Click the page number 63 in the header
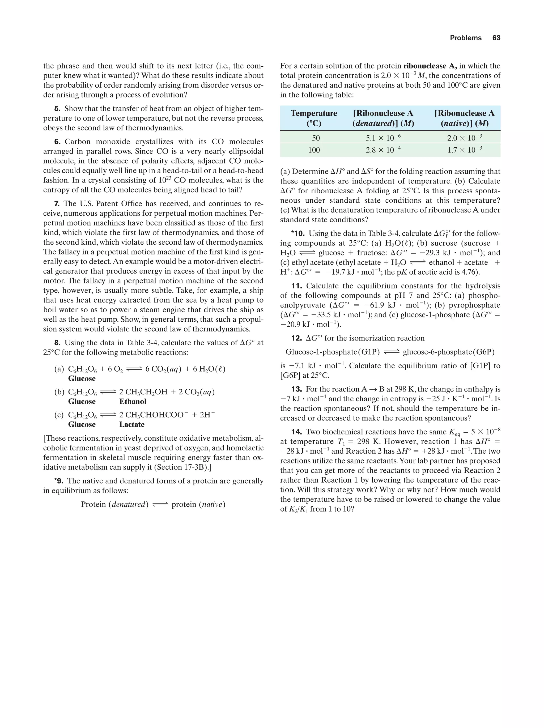496,38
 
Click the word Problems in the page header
465,38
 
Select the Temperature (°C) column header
314,118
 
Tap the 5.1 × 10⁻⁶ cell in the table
383,138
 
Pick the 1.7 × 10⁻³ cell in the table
464,150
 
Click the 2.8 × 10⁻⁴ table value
383,150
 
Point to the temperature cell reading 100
314,150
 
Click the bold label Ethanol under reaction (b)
133,402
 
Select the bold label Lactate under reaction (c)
132,425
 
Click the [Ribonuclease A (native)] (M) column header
464,118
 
